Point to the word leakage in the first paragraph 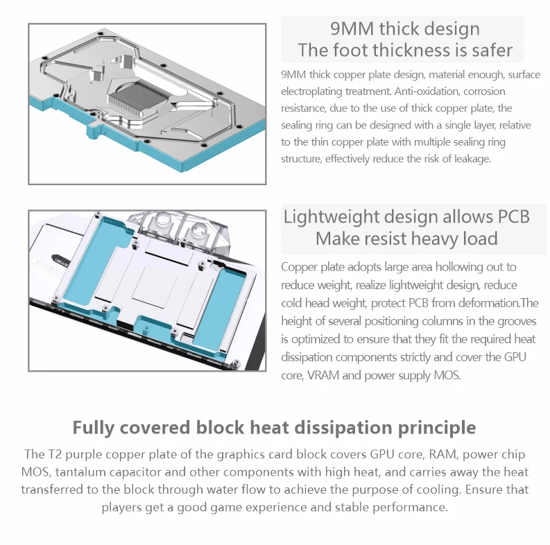pos(471,159)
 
